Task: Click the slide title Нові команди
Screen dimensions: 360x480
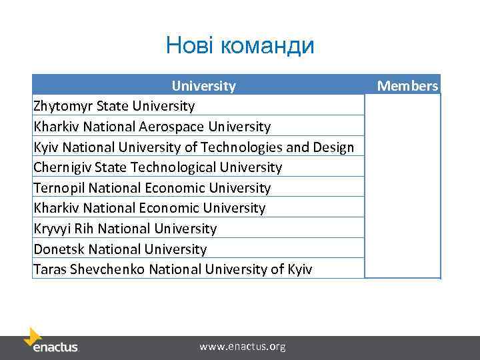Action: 240,45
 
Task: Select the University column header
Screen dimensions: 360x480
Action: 203,85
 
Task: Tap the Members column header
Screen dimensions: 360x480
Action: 407,85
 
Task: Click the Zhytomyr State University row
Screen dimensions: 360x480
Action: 114,106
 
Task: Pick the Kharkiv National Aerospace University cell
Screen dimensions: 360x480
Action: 152,127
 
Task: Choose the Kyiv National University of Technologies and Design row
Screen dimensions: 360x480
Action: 193,147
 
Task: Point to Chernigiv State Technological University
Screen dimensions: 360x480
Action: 158,167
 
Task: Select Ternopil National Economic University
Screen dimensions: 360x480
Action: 152,188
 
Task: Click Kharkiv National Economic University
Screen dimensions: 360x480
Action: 149,208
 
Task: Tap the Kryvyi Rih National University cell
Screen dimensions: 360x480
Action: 125,229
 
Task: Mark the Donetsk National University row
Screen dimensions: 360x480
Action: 120,249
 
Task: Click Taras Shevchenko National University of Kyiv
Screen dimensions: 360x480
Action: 173,269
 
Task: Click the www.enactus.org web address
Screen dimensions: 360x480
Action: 243,347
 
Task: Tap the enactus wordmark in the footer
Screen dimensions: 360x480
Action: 56,347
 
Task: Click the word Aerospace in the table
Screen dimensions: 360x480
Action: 176,127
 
